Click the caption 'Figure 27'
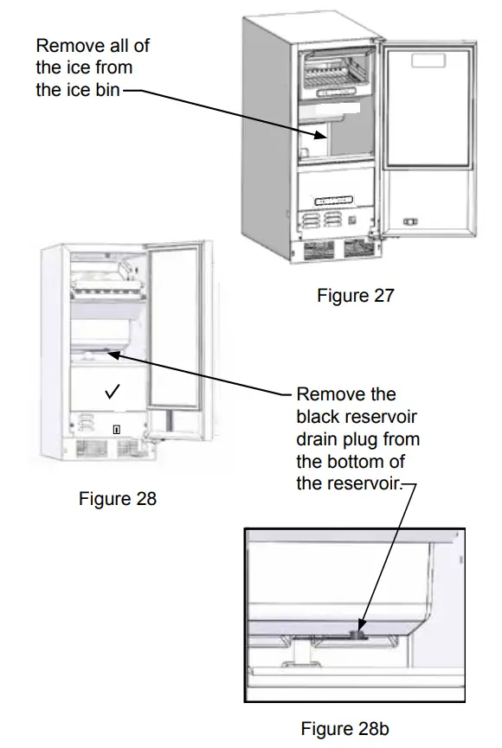tap(355, 296)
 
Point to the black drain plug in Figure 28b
tap(358, 635)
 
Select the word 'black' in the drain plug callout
tap(317, 416)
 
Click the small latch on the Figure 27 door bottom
tap(414, 220)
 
